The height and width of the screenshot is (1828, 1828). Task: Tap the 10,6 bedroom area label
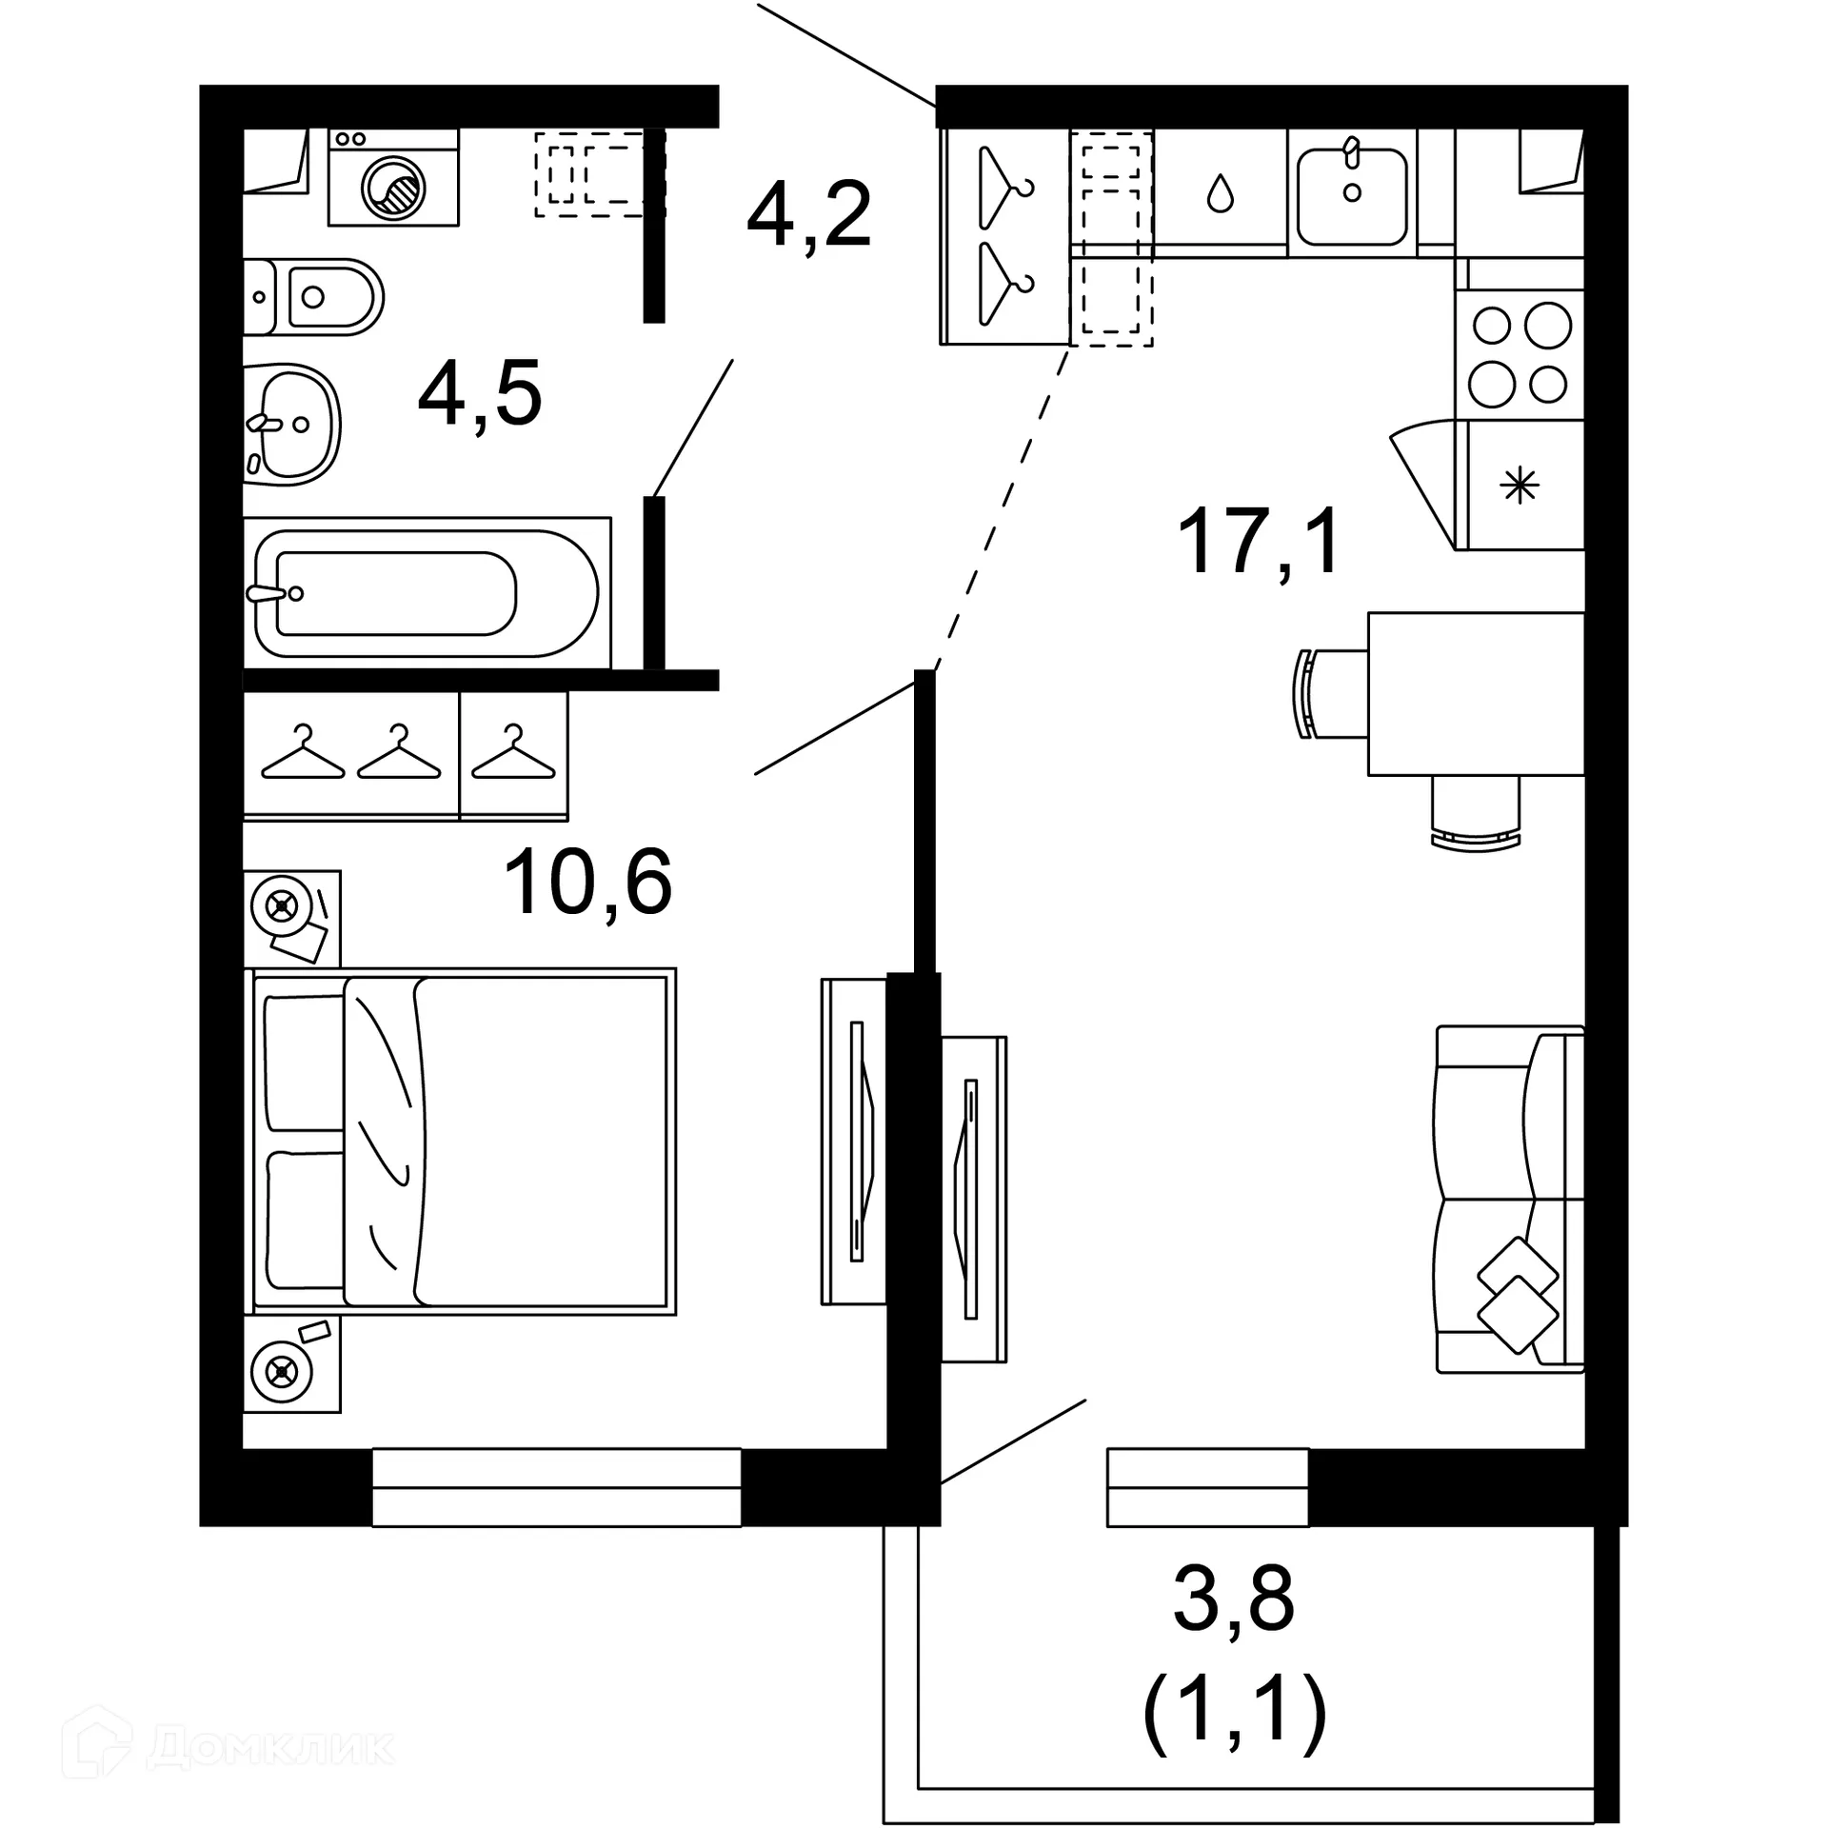tap(587, 884)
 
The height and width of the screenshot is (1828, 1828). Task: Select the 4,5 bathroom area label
tap(480, 394)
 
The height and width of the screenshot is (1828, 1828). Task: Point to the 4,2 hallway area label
tap(808, 216)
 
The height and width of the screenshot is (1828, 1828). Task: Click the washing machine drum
tap(393, 188)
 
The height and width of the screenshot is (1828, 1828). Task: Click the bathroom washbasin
tap(290, 424)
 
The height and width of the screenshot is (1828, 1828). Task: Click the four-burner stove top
tap(1520, 354)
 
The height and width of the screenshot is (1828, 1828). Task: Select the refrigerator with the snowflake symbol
tap(1520, 487)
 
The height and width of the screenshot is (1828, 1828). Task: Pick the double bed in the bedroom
tap(462, 1142)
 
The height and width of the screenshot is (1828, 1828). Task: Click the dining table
tap(1475, 693)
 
